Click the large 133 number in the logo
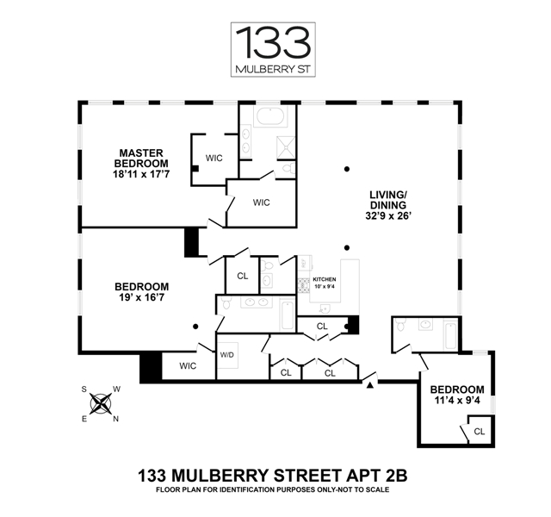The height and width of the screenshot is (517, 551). [x=274, y=43]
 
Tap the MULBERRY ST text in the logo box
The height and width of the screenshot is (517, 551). [x=275, y=67]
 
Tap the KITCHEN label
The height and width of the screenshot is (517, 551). [x=324, y=280]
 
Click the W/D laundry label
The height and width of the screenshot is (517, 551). [x=227, y=354]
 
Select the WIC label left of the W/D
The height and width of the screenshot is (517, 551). [x=189, y=365]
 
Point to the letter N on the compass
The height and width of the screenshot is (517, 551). [x=116, y=420]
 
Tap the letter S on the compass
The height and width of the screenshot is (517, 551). [x=85, y=389]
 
